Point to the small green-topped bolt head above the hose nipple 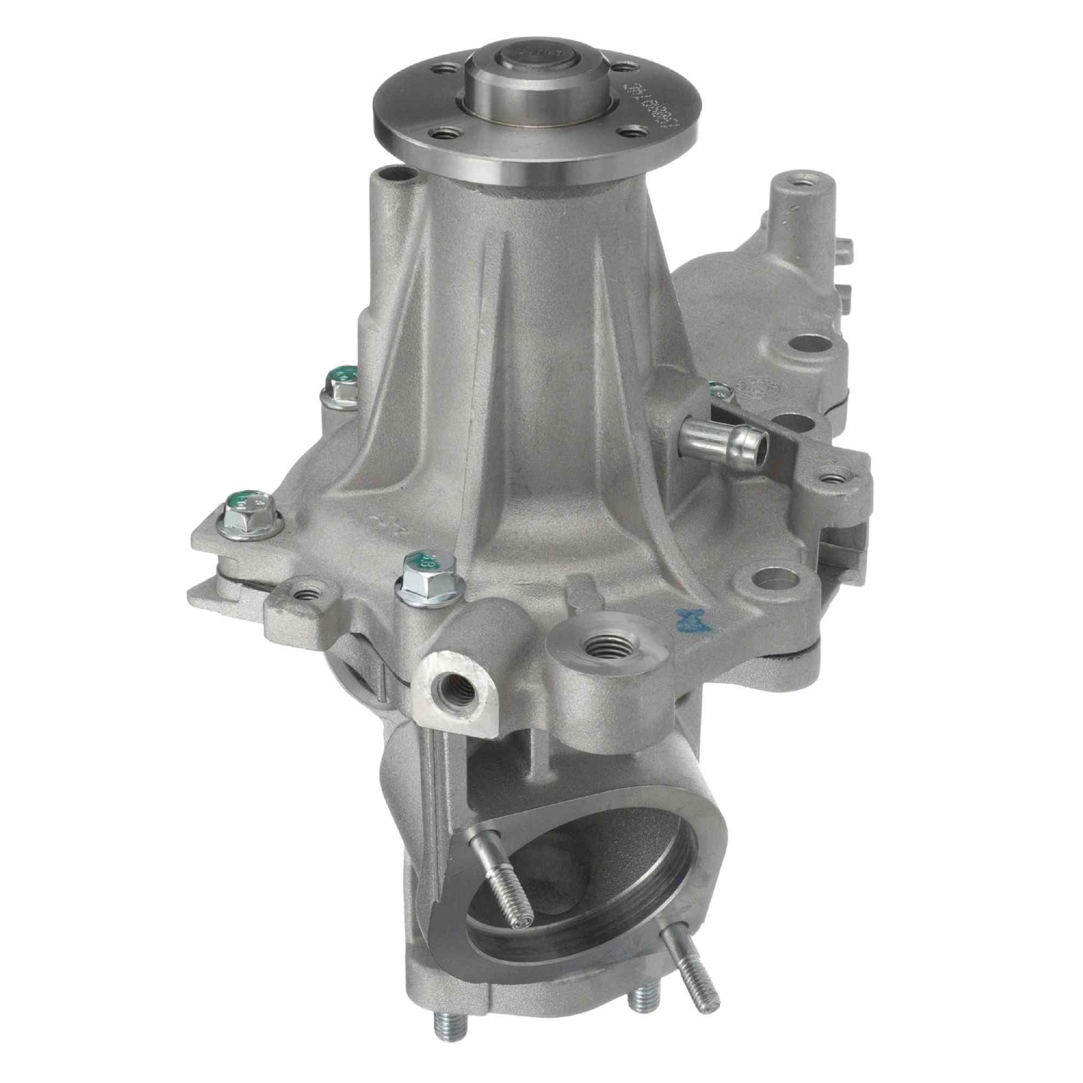pos(720,390)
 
